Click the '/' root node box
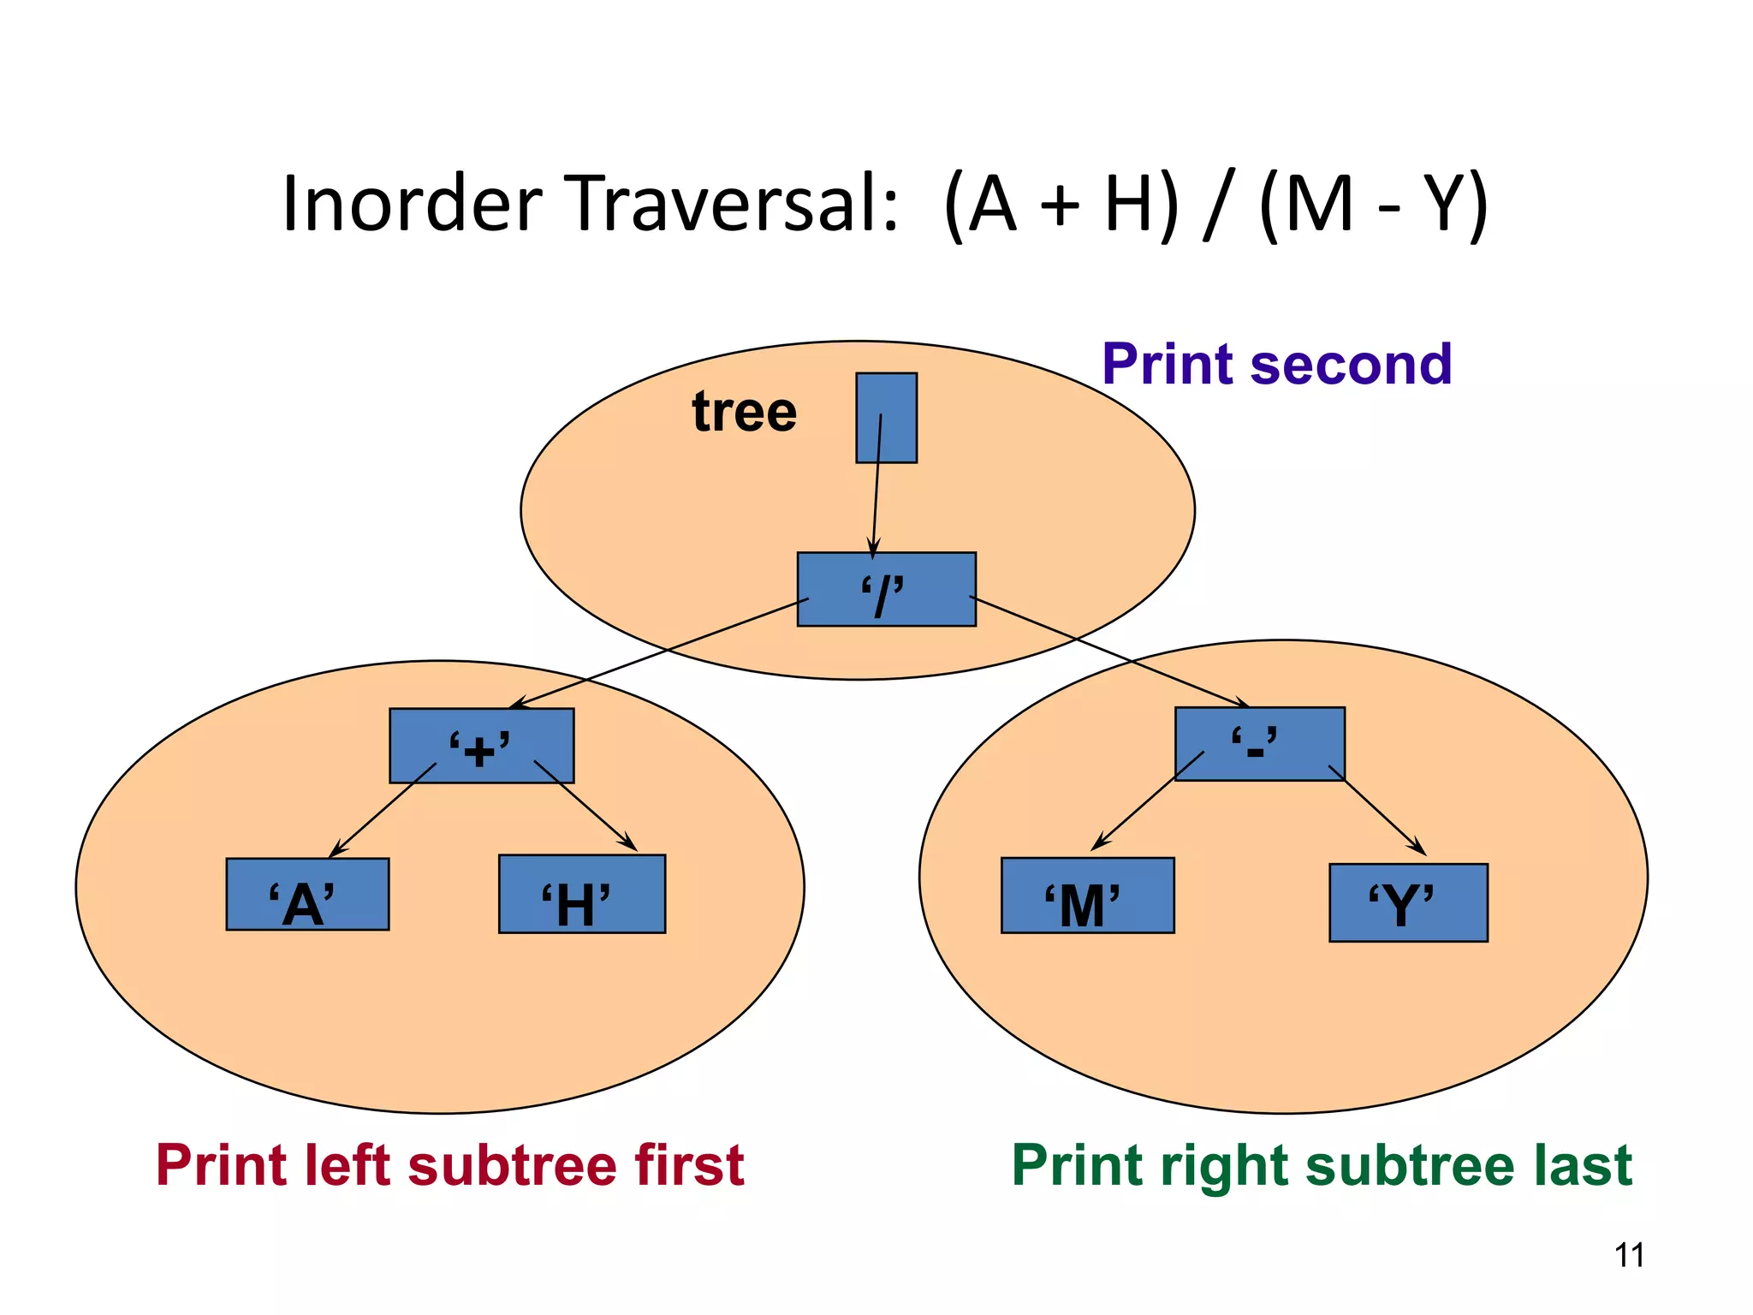tap(886, 589)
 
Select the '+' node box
tap(481, 746)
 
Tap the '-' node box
tap(1259, 743)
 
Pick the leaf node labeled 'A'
tap(307, 895)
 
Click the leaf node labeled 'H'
tap(581, 895)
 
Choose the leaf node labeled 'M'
tap(1087, 896)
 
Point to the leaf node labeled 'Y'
tap(1408, 903)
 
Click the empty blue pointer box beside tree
tap(887, 418)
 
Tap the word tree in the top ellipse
tap(744, 412)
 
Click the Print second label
tap(1276, 365)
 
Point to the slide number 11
tap(1629, 1255)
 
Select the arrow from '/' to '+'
tap(659, 653)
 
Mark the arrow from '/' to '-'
tap(1113, 653)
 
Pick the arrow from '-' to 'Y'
tap(1378, 811)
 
